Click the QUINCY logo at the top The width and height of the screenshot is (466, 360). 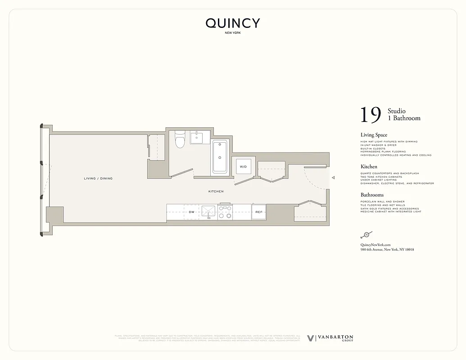pos(233,23)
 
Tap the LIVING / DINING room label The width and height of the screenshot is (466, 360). pos(98,179)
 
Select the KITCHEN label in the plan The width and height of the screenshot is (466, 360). pos(216,192)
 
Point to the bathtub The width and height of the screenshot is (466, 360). pos(220,157)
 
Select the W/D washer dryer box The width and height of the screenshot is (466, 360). pos(243,166)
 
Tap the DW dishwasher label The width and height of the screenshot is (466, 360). pos(191,212)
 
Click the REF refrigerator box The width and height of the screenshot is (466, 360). pos(259,212)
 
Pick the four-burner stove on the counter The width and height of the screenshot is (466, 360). pos(225,212)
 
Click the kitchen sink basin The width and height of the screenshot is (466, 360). pos(208,211)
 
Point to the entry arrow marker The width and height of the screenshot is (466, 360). pos(333,178)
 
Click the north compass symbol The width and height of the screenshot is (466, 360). pos(366,235)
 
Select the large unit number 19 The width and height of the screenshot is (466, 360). pos(371,115)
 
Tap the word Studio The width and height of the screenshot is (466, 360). pos(397,111)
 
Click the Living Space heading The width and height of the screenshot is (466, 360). pos(374,135)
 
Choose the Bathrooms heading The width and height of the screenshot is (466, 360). pos(372,195)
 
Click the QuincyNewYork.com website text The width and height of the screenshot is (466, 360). pos(375,244)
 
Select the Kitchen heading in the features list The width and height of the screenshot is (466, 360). pos(369,166)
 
